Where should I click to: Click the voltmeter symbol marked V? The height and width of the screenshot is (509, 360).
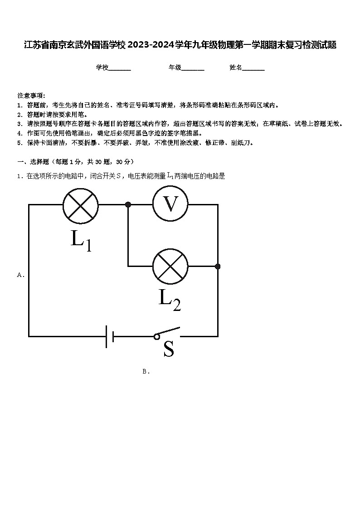pos(170,204)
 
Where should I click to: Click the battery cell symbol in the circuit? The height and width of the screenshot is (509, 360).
pos(110,337)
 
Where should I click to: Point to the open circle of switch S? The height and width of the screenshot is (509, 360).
pos(157,337)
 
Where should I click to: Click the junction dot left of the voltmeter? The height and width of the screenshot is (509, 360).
pos(128,204)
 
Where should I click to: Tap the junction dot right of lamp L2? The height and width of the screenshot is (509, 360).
pos(218,267)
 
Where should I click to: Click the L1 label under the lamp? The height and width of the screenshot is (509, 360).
pos(81,241)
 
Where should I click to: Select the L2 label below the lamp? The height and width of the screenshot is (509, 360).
pos(170,300)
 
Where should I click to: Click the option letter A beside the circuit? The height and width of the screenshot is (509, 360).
pos(20,275)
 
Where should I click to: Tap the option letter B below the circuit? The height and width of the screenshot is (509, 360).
pos(145,372)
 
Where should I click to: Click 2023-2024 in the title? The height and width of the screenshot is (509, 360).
pos(151,45)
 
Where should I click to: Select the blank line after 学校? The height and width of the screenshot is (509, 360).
pos(120,70)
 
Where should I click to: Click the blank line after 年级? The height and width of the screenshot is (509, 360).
pos(193,70)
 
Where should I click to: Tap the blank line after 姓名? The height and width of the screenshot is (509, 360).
pos(253,70)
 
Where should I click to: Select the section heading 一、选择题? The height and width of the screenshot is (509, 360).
pos(33,162)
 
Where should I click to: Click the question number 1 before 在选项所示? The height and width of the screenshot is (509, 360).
pos(19,177)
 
